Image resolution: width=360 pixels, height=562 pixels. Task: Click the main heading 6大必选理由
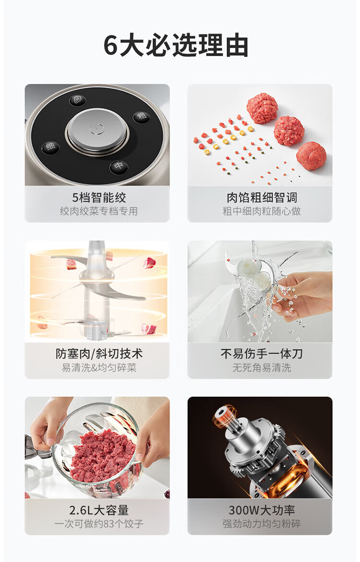176,46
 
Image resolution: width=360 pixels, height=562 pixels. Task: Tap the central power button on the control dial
97,129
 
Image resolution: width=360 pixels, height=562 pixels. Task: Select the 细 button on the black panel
50,147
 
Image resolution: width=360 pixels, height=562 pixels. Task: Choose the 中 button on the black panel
119,166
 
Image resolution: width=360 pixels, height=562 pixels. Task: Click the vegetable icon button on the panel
77,99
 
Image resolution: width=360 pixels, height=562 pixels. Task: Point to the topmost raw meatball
262,108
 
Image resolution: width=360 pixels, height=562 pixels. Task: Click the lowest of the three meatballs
312,156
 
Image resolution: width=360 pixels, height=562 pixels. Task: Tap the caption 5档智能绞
99,197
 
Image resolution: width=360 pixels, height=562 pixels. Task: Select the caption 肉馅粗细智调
262,197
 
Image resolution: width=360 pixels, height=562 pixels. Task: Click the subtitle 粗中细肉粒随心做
262,211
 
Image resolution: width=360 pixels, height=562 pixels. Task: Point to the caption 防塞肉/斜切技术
99,354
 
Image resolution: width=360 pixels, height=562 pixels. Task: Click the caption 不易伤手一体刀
262,354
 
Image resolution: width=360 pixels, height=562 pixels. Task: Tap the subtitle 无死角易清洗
262,367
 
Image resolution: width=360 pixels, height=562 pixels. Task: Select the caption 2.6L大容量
99,510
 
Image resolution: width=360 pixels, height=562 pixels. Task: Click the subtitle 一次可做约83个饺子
99,524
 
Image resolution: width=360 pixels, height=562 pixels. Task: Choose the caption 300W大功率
262,510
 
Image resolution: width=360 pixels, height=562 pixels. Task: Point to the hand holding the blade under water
303,294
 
